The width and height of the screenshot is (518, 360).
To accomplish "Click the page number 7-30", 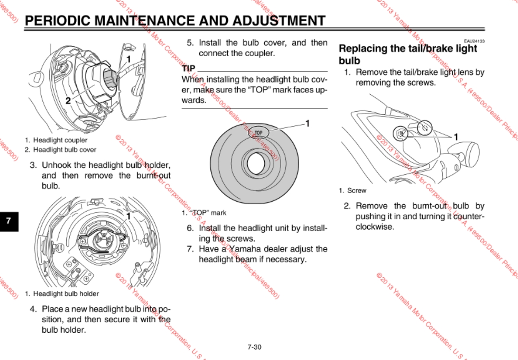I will [255, 347].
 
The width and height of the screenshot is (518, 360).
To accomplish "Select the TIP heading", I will [188, 68].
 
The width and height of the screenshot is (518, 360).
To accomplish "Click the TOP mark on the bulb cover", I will [259, 132].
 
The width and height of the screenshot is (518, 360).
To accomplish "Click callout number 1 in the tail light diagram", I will [456, 136].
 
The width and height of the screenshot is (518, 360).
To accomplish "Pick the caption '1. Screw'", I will [353, 190].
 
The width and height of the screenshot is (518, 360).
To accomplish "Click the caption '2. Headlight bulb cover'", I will [60, 150].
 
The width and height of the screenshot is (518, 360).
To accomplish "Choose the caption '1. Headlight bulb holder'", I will [62, 294].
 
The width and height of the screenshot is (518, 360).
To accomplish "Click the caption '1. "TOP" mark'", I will [204, 213].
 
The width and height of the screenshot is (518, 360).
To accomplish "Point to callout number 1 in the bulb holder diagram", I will [128, 216].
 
